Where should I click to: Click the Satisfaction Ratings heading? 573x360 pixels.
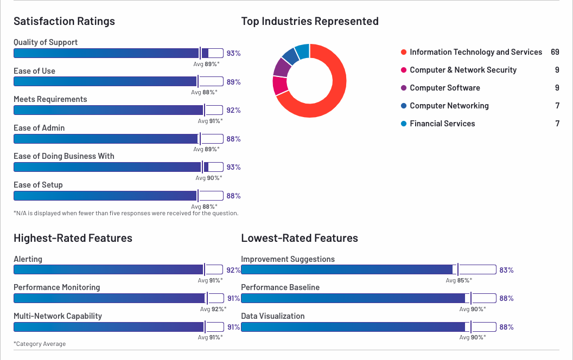coord(64,21)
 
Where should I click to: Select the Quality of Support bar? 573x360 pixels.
coord(118,53)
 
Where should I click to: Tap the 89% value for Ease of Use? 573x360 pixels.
coord(234,82)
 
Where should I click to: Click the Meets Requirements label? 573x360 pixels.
coord(50,99)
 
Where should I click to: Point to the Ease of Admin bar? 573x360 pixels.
coord(118,139)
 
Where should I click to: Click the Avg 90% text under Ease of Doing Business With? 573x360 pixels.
coord(209,177)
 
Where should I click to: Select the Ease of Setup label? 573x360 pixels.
coord(38,185)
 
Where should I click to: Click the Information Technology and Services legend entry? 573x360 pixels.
coord(476,52)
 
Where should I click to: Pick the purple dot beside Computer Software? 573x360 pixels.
coord(403,88)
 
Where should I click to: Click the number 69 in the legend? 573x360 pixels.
coord(555,52)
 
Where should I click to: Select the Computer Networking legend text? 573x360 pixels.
coord(449,106)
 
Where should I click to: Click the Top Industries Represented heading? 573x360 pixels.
coord(310,21)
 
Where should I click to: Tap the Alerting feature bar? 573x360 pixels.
coord(118,269)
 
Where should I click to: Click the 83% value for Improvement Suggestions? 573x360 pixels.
coord(506,270)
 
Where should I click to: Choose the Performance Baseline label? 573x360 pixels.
coord(280,287)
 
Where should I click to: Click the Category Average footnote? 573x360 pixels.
coord(40,344)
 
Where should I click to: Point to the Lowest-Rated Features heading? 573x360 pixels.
coord(300,238)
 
